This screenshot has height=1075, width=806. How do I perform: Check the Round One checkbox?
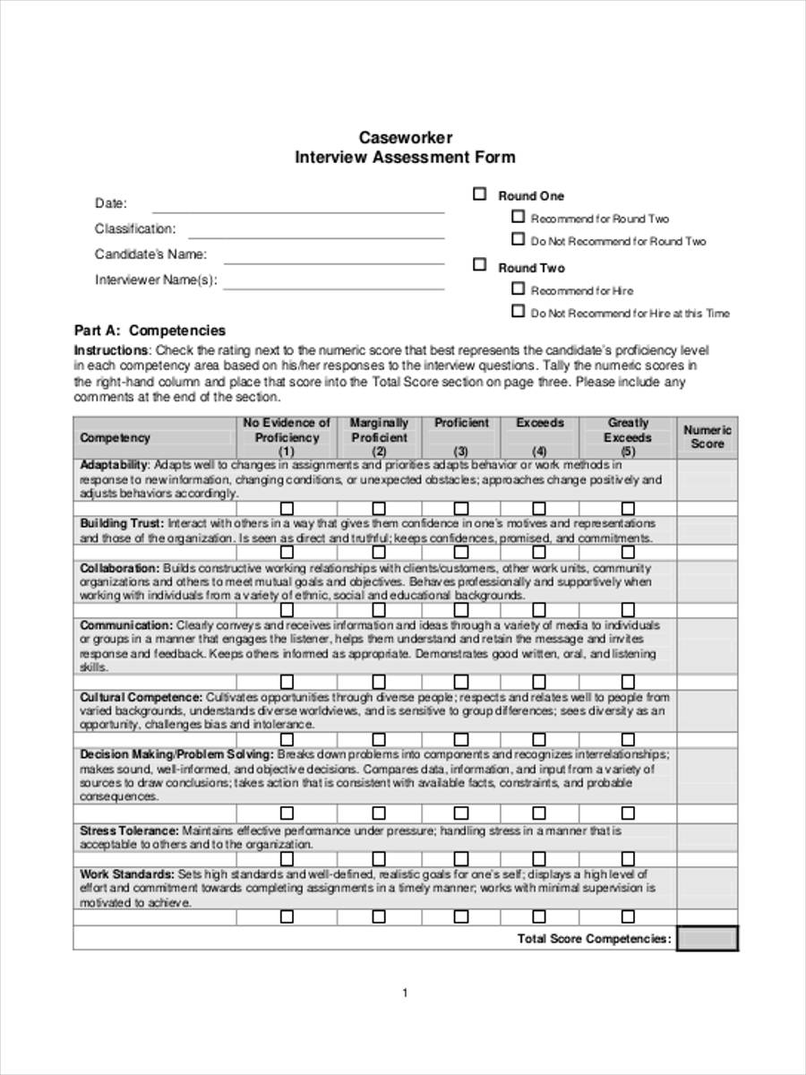point(480,194)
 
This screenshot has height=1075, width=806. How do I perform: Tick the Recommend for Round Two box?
point(518,217)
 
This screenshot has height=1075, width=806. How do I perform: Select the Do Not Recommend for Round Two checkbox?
point(518,239)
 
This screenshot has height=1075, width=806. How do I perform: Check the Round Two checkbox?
point(480,265)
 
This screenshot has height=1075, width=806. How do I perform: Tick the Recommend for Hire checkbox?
point(518,288)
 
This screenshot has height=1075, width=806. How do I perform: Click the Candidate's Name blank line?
point(333,262)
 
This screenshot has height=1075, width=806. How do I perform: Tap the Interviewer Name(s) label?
point(156,279)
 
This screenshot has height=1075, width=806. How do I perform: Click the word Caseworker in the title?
point(406,137)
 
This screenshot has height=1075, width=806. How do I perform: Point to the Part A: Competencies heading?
point(150,331)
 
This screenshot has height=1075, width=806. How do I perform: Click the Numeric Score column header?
point(707,436)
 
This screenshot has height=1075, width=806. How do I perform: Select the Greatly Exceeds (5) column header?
point(628,436)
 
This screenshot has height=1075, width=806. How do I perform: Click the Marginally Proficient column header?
point(379,436)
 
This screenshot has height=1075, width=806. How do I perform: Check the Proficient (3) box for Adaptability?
point(461,509)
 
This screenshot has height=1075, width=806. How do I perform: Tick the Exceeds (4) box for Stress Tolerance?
point(539,859)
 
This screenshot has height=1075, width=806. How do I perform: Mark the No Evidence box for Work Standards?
point(287,917)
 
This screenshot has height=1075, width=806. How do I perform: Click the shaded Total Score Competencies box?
point(707,938)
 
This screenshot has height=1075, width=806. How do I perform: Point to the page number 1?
point(405,993)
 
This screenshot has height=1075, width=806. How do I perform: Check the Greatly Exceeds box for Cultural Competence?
point(628,740)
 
